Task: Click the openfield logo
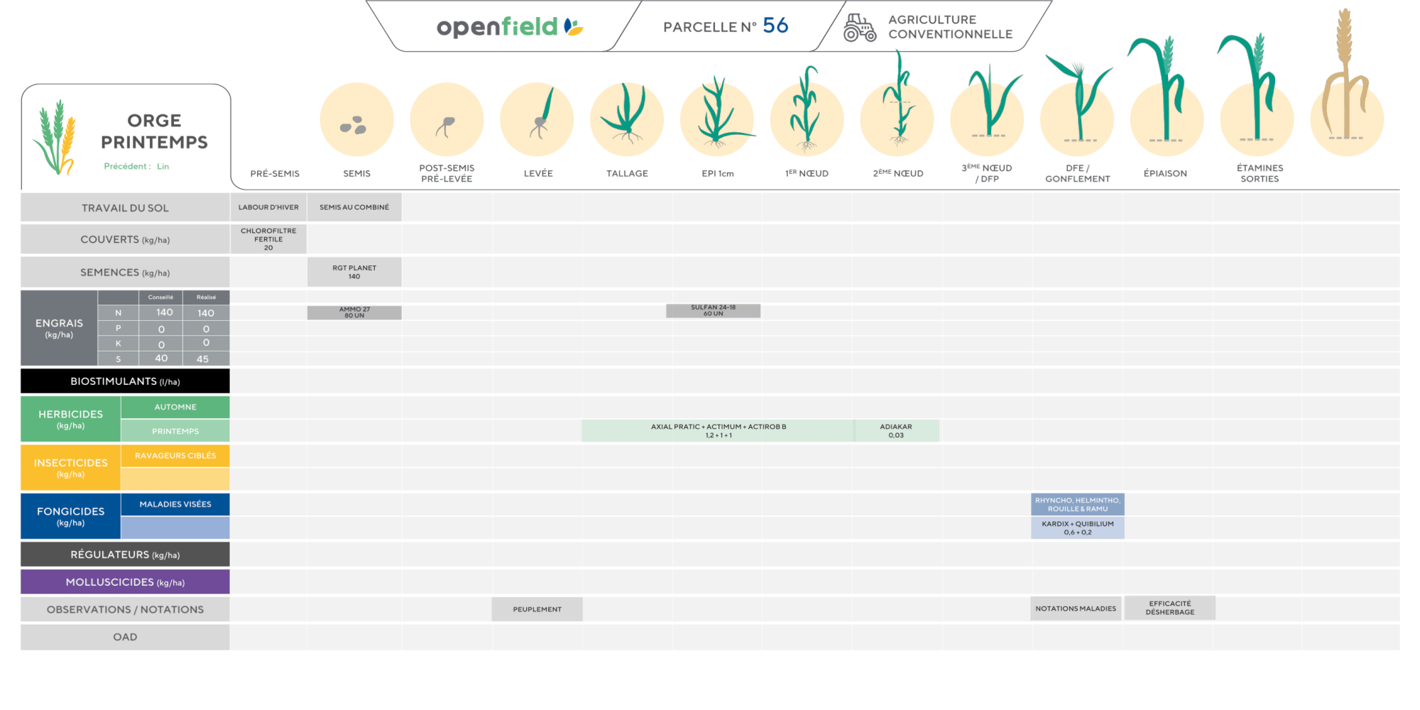[x=510, y=27]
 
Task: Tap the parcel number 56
[x=775, y=26]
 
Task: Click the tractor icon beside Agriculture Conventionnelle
[x=859, y=28]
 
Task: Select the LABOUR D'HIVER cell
[x=268, y=207]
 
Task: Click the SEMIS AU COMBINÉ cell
[x=354, y=207]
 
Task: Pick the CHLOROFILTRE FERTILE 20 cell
[x=268, y=239]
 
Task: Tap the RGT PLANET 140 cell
[x=354, y=272]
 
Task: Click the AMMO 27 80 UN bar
[x=354, y=312]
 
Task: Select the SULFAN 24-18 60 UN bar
[x=713, y=310]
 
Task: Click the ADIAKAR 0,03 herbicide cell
[x=896, y=431]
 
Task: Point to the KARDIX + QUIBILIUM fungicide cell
[x=1078, y=528]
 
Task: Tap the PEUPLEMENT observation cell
[x=537, y=609]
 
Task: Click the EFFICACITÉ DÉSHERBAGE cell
[x=1170, y=608]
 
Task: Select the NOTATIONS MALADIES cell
[x=1076, y=608]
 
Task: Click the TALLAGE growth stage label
[x=627, y=173]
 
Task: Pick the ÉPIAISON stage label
[x=1165, y=173]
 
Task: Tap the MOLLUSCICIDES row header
[x=125, y=581]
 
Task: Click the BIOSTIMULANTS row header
[x=125, y=381]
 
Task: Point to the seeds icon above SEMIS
[x=354, y=126]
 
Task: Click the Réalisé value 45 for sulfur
[x=203, y=359]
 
